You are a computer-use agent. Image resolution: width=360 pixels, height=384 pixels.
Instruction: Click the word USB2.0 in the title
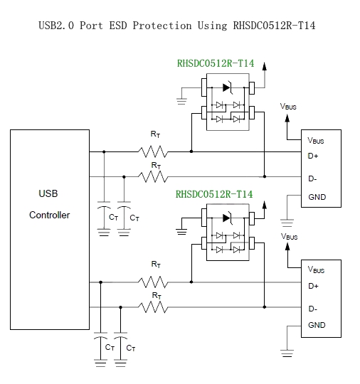tap(56, 26)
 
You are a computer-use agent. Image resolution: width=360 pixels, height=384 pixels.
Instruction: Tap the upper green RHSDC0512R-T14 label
tap(216, 63)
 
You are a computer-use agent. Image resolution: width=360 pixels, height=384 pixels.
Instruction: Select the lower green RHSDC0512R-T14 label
tap(214, 194)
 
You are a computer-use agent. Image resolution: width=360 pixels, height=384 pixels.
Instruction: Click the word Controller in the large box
tap(50, 215)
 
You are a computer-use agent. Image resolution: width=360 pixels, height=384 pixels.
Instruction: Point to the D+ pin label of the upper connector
tap(313, 156)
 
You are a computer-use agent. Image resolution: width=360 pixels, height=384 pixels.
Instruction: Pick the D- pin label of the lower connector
tap(313, 309)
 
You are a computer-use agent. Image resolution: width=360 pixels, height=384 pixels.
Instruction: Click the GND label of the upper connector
tap(317, 197)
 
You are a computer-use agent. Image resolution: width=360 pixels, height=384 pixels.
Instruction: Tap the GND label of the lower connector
tap(317, 325)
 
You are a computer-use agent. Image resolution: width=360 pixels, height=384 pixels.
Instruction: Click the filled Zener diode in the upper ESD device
tap(228, 87)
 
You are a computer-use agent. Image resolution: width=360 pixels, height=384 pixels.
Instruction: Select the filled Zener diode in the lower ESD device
tap(228, 218)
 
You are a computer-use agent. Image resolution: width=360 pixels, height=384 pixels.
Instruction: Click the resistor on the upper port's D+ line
tap(153, 151)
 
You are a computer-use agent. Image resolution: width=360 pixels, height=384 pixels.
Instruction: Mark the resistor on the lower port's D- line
tap(153, 307)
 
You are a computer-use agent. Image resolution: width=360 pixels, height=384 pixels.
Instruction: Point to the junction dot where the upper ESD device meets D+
tap(191, 151)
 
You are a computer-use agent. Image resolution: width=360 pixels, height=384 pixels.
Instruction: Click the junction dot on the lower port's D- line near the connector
tap(265, 307)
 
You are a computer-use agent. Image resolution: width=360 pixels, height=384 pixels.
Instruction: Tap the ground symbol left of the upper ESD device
tap(181, 101)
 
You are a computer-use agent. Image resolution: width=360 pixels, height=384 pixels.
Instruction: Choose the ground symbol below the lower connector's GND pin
tap(287, 353)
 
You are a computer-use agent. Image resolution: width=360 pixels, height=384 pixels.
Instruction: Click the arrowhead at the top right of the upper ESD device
tap(265, 66)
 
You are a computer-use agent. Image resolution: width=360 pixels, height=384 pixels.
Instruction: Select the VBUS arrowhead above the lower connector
tap(287, 246)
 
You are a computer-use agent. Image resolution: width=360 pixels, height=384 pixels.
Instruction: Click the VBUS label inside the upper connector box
tap(316, 141)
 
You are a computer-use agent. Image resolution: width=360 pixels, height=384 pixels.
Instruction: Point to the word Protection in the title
tap(162, 26)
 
